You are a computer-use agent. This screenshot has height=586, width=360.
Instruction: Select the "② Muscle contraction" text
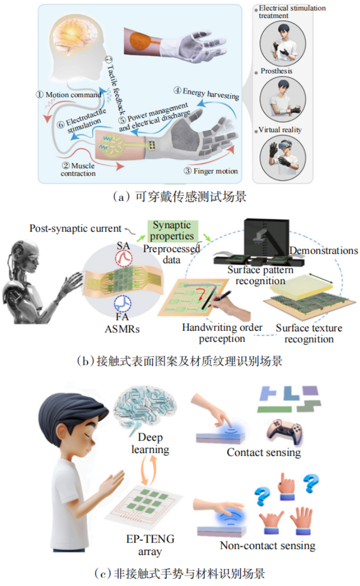coord(77,170)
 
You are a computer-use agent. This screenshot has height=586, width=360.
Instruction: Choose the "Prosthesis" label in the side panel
coord(275,71)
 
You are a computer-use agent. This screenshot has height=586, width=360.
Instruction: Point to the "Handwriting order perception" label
coord(223,333)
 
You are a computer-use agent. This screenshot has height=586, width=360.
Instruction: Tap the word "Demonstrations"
coord(324,251)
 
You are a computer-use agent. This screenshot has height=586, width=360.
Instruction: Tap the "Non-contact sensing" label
coord(267,545)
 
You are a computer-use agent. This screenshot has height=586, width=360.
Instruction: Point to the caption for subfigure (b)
coord(180,361)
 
